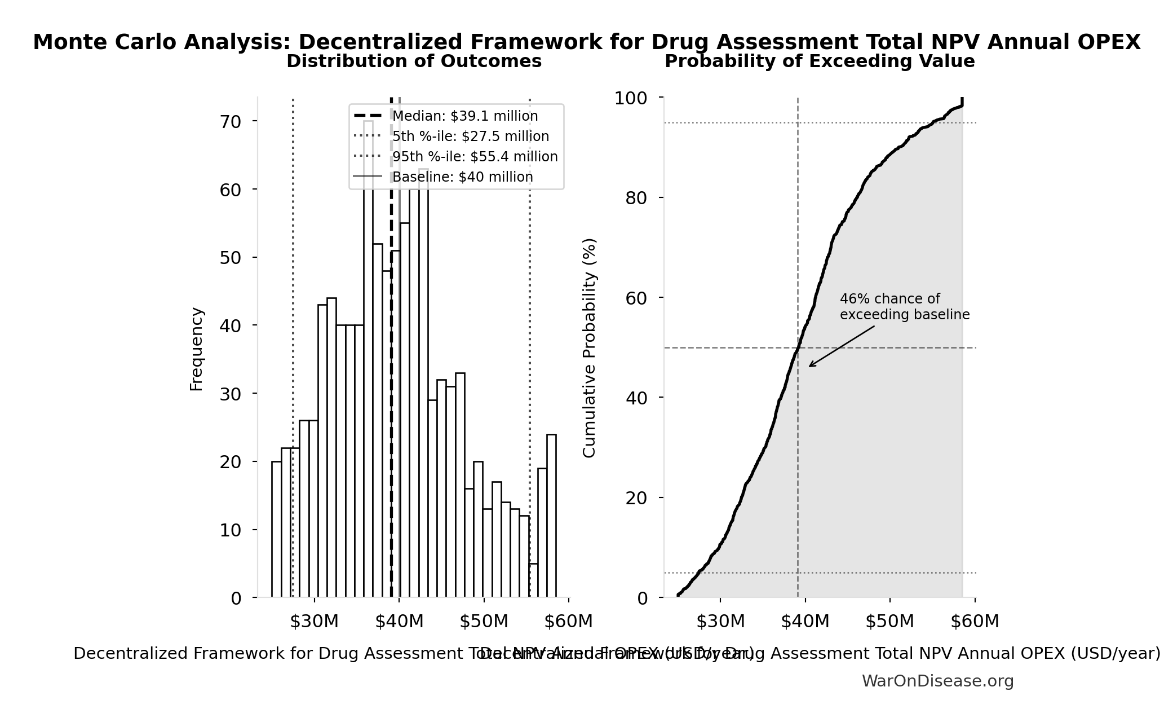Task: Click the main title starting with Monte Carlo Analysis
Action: pos(586,42)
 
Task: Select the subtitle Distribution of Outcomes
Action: pos(414,61)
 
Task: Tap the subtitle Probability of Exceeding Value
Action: pos(820,61)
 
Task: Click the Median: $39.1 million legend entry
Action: pos(464,116)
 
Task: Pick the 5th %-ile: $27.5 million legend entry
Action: pos(470,137)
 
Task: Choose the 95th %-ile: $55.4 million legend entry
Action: pos(475,157)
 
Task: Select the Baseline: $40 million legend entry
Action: pos(462,177)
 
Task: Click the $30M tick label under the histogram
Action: pos(314,622)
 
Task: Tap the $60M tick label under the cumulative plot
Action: pos(975,622)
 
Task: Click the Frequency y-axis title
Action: pos(196,349)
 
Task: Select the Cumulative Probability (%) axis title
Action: pos(589,348)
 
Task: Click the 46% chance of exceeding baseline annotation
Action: pos(904,307)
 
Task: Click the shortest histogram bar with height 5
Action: pos(533,581)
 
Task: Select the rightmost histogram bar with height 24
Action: pos(551,516)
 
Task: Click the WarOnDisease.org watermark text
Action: pos(937,681)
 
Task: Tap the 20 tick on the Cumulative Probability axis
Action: pos(636,498)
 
